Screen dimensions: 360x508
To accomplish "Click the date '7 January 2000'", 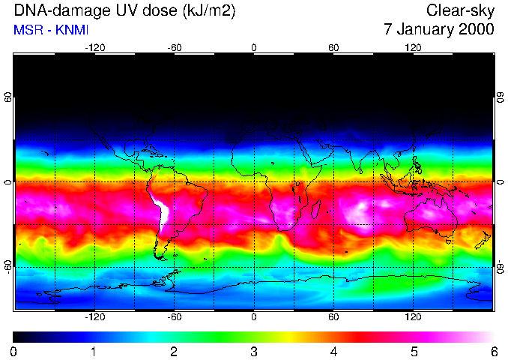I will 439,30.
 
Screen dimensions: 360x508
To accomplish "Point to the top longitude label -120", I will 94,47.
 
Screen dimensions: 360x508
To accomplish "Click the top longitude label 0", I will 254,47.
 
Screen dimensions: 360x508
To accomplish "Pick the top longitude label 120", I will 413,47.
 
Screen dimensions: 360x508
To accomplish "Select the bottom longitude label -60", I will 174,316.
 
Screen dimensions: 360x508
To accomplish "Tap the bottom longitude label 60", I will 333,316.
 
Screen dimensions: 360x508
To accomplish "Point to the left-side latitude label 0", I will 8,182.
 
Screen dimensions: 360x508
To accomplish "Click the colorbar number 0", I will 14,351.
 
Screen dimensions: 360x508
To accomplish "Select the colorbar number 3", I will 254,351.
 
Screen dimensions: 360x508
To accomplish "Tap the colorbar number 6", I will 493,351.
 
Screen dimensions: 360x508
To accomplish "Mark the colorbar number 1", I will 94,351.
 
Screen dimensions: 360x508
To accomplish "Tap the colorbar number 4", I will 333,351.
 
